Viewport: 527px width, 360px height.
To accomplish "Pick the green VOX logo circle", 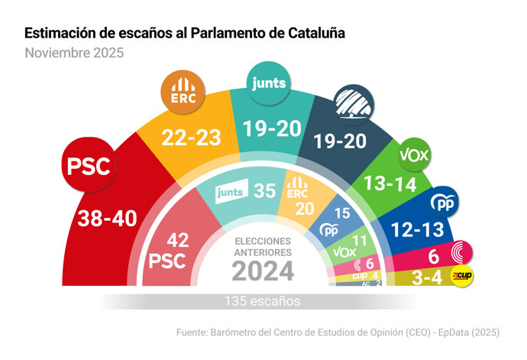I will [x=415, y=155].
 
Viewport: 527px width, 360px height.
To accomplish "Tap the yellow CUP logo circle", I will [x=461, y=276].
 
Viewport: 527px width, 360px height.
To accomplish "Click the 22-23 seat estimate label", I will [x=192, y=138].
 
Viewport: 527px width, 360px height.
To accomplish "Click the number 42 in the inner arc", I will [x=177, y=241].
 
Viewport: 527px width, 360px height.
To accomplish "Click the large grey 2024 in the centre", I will [x=263, y=271].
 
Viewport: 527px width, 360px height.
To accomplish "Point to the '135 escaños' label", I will [x=263, y=300].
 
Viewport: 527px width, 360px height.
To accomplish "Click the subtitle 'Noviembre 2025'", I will [x=73, y=54].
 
